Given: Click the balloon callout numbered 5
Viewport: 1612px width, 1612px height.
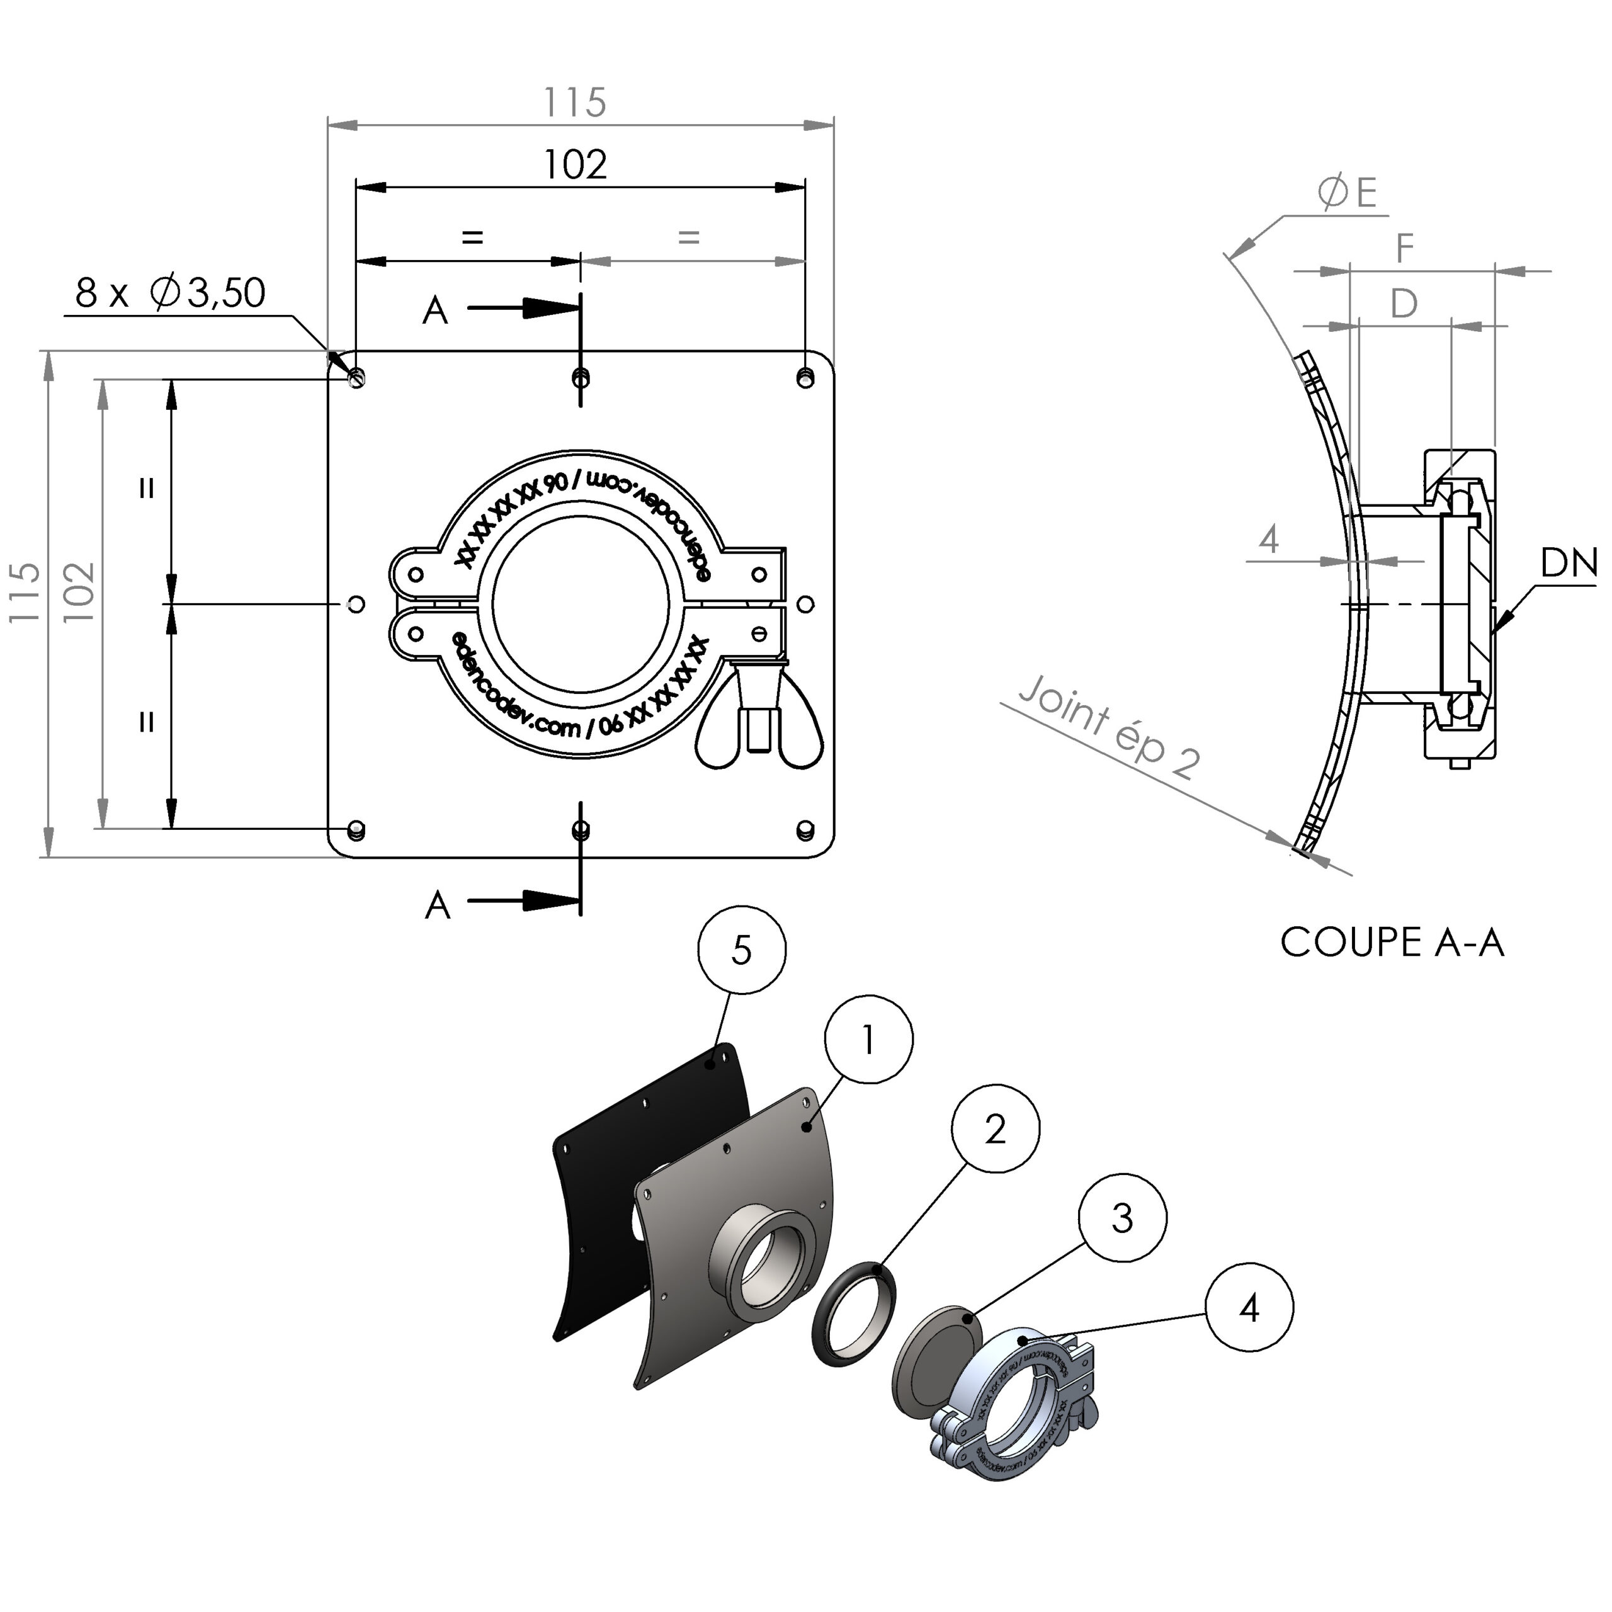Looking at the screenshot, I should [x=741, y=950].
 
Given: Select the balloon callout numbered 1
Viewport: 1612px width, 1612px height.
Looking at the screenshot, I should [x=868, y=1039].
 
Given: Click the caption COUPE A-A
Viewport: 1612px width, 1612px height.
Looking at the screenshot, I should [x=1392, y=943].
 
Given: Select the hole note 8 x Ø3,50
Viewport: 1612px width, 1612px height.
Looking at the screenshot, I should [x=170, y=293].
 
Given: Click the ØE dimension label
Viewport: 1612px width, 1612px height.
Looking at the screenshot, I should [x=1347, y=193].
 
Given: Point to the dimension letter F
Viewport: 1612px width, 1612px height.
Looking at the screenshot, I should [x=1405, y=248].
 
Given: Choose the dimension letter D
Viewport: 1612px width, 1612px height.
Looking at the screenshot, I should [x=1404, y=304].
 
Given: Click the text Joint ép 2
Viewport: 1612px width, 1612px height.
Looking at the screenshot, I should [x=1110, y=727].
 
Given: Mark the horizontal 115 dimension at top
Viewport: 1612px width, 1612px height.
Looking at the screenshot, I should [x=575, y=103].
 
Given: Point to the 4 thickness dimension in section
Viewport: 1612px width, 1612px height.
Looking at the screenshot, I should [x=1268, y=540].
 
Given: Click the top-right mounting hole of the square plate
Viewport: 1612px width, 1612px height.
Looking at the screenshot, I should [x=804, y=377].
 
